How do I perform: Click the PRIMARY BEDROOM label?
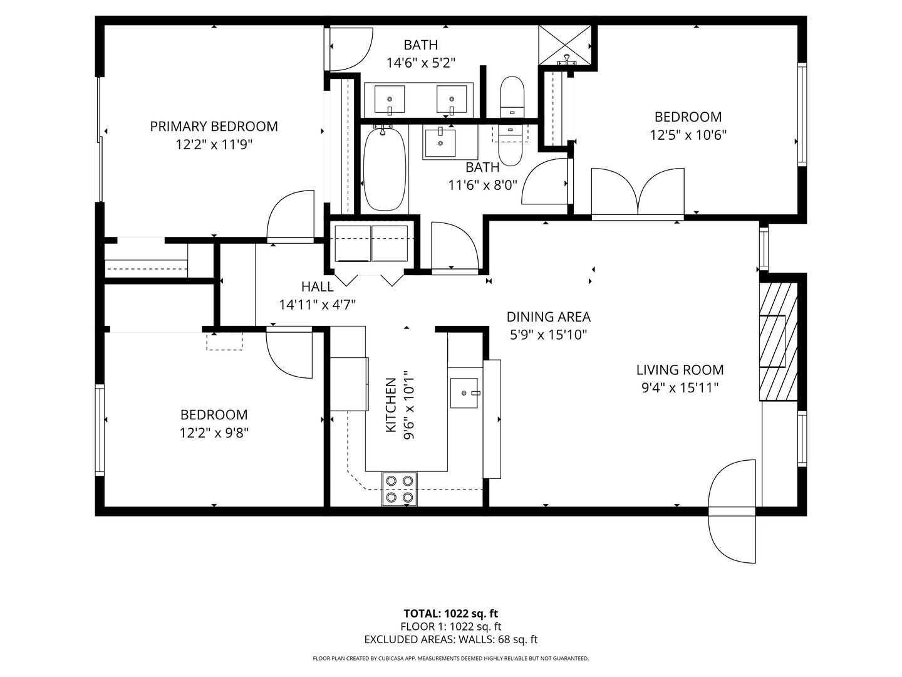214,126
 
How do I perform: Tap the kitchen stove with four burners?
400,489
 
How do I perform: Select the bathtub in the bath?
385,169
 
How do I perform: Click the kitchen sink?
464,393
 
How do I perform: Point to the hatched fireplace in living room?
778,342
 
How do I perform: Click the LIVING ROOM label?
680,370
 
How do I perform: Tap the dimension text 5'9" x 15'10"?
548,335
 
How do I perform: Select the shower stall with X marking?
565,44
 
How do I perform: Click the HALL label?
318,287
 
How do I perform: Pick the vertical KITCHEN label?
390,404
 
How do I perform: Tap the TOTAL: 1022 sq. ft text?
451,613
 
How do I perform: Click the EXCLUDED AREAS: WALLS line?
451,639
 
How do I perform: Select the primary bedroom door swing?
290,216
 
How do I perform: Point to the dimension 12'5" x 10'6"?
688,135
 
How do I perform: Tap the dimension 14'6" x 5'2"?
420,63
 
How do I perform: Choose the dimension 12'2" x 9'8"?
214,433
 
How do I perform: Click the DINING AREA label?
548,317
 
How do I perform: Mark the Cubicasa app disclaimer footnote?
451,658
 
